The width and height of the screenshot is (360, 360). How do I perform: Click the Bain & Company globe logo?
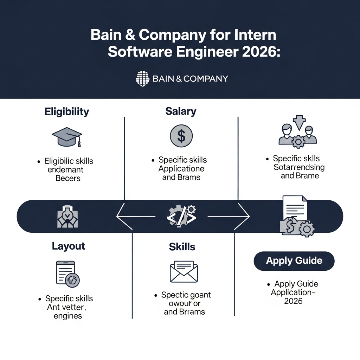tap(142, 79)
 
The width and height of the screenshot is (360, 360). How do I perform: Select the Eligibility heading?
tap(67, 112)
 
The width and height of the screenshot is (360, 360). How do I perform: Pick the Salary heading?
tap(181, 112)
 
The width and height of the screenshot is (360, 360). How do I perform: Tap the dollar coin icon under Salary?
tap(181, 136)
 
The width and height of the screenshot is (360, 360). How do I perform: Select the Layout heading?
tap(69, 246)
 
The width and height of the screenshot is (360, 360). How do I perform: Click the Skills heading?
tap(182, 247)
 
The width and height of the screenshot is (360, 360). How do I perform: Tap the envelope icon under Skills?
tap(184, 271)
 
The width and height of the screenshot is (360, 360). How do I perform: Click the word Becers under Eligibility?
tap(68, 178)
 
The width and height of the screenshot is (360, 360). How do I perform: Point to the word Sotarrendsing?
tap(299, 167)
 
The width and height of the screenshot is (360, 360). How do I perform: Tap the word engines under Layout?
tap(68, 316)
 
